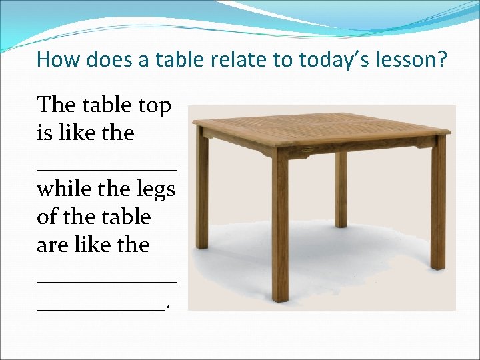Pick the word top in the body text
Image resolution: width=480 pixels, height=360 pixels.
tap(155, 105)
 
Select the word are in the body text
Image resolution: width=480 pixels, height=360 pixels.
tap(50, 245)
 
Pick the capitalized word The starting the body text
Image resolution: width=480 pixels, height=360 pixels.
tap(56, 105)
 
